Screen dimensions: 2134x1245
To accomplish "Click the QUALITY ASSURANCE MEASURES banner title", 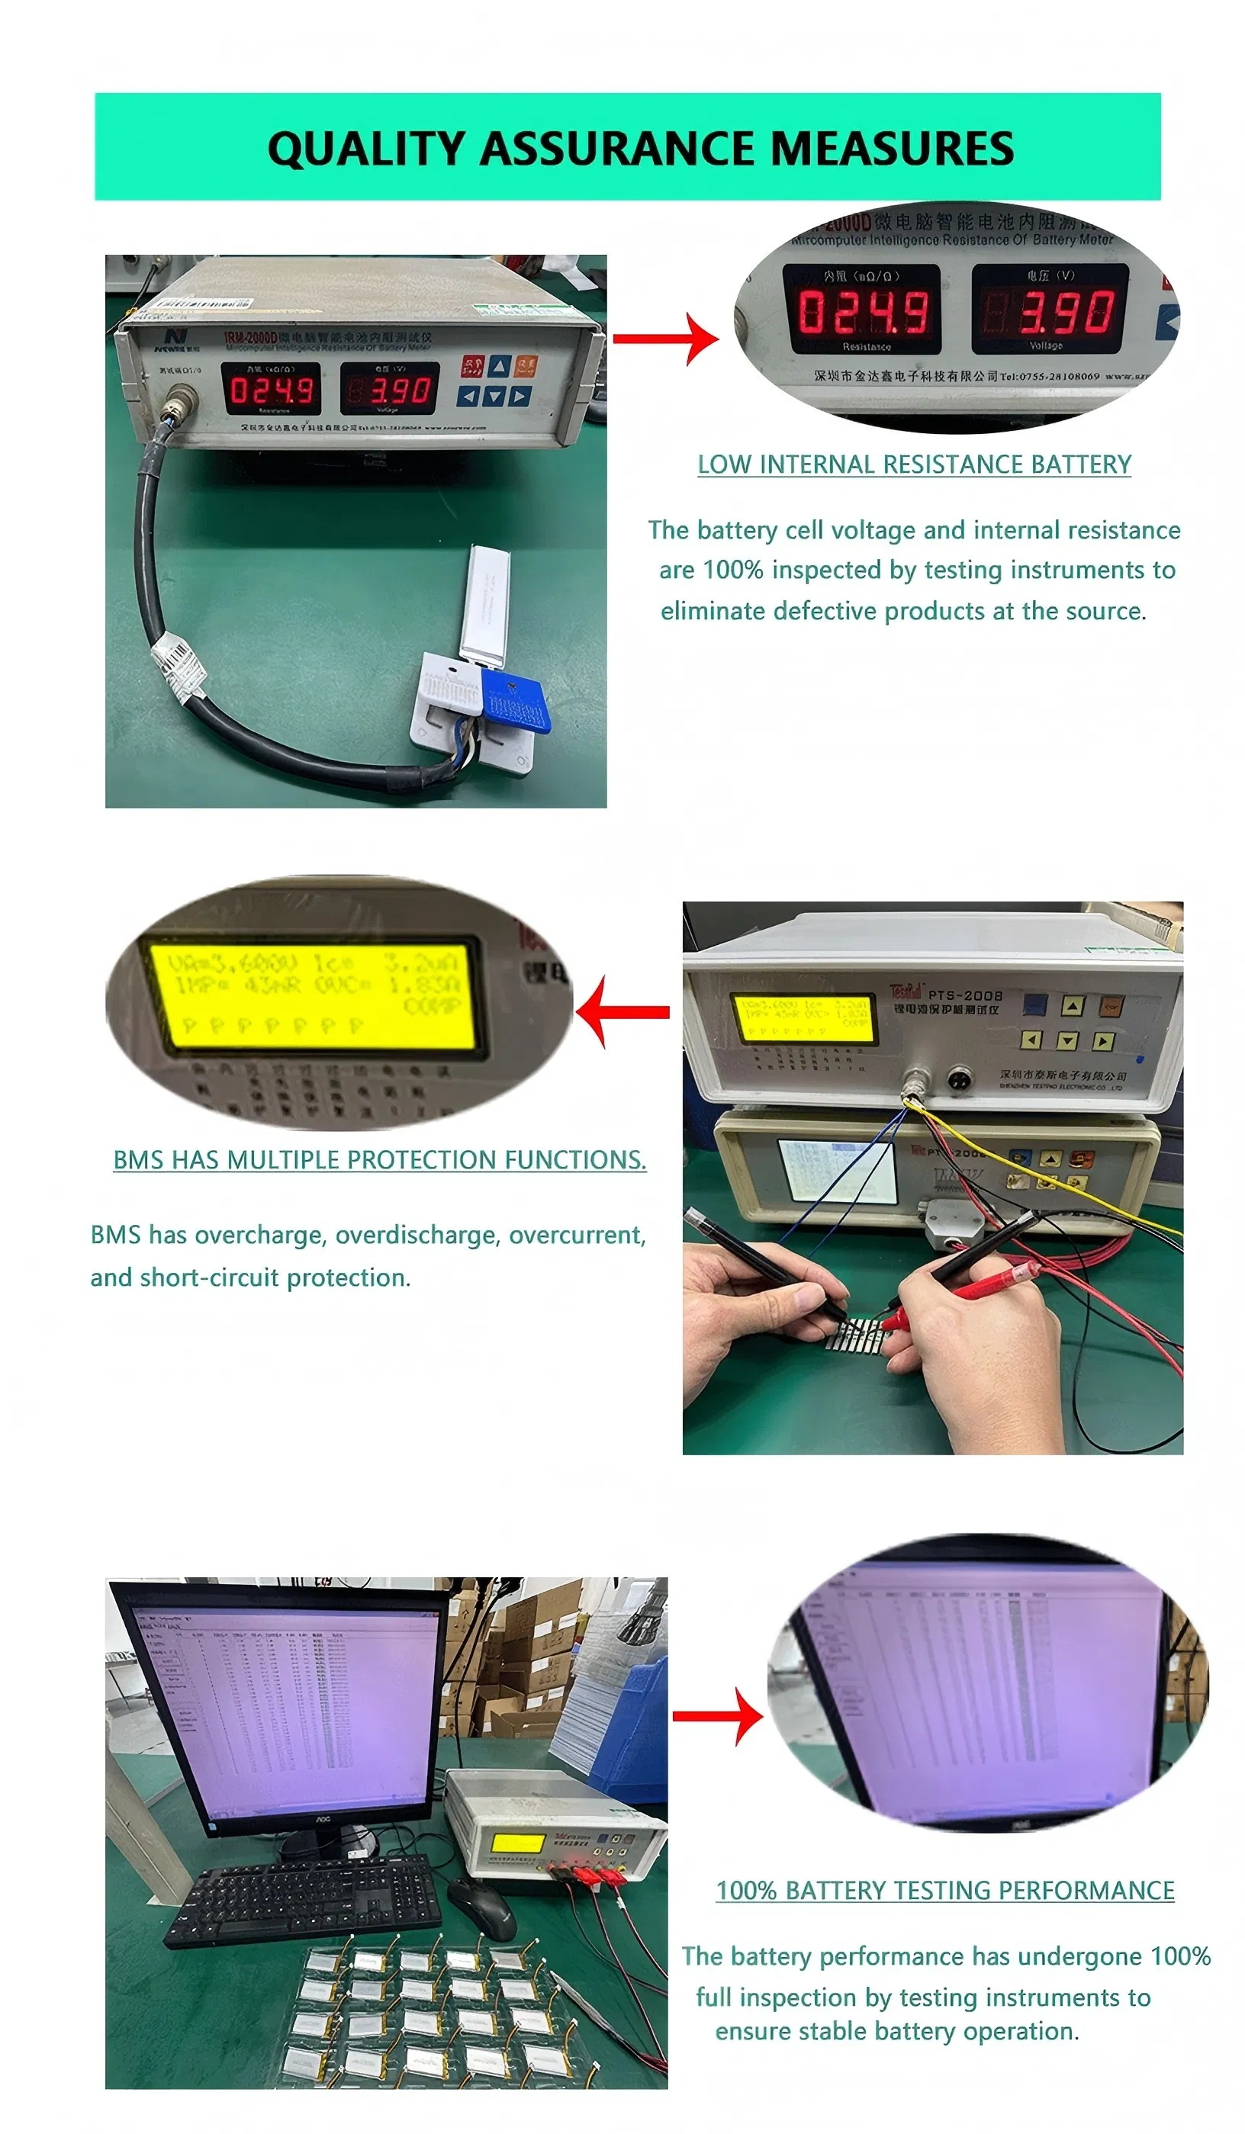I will click(x=639, y=148).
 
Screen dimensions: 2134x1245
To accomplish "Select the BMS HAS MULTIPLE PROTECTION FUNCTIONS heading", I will click(x=379, y=1159).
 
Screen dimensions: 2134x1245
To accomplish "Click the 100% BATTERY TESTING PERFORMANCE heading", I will click(x=944, y=1890).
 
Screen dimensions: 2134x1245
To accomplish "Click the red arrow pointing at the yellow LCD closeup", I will click(x=623, y=1011).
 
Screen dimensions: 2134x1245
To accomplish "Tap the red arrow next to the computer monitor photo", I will click(x=718, y=1716).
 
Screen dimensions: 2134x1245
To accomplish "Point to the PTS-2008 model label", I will click(x=965, y=996).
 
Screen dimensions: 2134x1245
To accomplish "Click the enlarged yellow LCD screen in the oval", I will click(x=312, y=997).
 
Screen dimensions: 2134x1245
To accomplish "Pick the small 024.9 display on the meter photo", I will click(x=271, y=390).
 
